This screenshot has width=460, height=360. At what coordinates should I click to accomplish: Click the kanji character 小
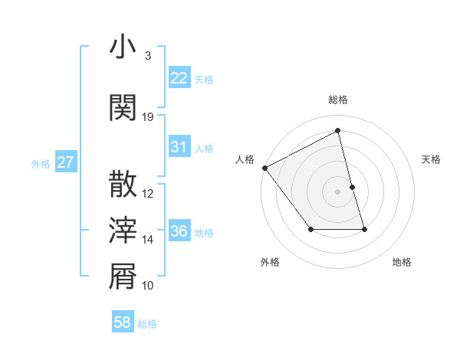[123, 47]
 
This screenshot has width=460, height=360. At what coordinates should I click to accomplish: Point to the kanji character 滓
[123, 230]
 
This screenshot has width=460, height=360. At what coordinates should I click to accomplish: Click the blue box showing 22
[179, 78]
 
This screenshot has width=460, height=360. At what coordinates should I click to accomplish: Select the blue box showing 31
[179, 147]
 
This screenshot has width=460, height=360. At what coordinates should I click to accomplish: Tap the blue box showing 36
[179, 231]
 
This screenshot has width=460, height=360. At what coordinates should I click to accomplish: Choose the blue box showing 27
[66, 162]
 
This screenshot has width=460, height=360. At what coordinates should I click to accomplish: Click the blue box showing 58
[123, 322]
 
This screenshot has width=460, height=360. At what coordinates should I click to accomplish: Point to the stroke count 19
[148, 116]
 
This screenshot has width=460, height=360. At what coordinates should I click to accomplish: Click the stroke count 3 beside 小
[147, 55]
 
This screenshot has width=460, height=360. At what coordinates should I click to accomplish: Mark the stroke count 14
[148, 239]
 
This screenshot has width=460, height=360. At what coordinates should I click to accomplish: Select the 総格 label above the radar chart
[338, 100]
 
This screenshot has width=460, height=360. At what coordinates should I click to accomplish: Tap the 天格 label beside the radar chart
[431, 159]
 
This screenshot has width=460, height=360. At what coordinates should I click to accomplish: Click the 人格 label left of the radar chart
[245, 159]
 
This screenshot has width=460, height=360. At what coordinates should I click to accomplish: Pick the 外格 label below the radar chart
[270, 262]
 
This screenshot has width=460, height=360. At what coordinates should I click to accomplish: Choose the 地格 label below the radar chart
[402, 262]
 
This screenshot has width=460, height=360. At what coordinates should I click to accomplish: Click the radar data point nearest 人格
[264, 168]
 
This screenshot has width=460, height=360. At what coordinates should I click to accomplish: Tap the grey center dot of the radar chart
[338, 191]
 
